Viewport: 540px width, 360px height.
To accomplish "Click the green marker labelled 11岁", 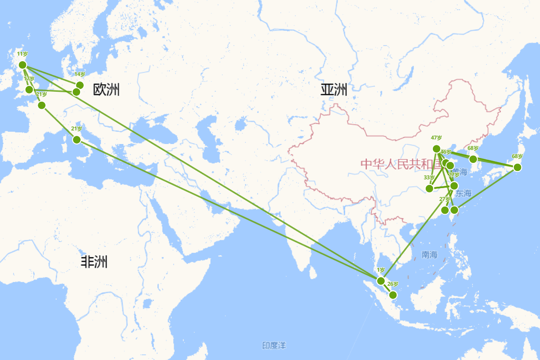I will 22,65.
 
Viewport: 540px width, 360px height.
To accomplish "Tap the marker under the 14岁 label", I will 80,85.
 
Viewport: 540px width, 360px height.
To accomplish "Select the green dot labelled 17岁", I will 29,90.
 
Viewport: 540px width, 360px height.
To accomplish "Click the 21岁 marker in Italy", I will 76,139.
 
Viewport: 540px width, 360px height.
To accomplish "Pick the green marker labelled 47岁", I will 436,149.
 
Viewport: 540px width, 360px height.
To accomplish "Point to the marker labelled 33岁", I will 429,188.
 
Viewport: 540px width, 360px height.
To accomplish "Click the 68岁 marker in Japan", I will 517,167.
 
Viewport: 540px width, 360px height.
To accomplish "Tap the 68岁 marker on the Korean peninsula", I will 473,159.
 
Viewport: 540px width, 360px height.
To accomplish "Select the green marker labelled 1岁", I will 381,281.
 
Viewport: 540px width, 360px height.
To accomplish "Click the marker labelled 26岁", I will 393,295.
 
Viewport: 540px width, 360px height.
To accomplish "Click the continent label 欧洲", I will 106,90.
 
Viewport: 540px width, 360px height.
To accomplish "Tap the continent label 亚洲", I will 333,90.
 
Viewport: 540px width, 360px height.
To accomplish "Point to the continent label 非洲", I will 94,261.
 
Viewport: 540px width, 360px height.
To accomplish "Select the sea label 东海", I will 463,194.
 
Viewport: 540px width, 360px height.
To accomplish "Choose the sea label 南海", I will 429,255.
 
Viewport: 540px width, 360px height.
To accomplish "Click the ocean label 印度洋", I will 274,346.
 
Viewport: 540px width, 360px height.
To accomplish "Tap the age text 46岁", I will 445,152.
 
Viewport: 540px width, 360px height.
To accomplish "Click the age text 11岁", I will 22,54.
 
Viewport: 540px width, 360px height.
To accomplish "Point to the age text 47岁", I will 436,138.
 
